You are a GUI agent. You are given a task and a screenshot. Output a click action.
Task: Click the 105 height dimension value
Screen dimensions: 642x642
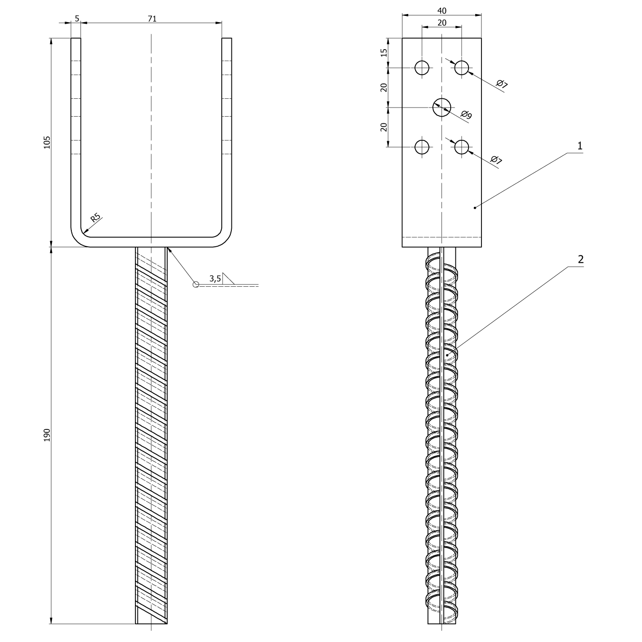click(x=47, y=142)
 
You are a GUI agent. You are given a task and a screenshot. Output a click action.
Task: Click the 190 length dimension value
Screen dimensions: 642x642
click(x=47, y=435)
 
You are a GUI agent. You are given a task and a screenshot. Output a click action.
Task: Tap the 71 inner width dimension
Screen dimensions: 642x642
click(x=152, y=19)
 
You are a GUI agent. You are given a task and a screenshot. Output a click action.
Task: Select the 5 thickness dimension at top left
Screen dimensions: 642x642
click(x=77, y=19)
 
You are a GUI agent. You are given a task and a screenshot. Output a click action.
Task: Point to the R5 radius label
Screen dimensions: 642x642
click(x=95, y=217)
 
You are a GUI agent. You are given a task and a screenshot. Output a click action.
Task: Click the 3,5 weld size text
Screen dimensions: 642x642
click(x=215, y=279)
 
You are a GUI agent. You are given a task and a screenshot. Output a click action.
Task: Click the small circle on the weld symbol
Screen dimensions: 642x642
click(x=196, y=284)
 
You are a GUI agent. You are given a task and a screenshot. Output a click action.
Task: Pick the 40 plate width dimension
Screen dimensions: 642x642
click(x=442, y=11)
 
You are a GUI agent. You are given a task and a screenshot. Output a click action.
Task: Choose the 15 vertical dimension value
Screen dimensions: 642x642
click(x=384, y=53)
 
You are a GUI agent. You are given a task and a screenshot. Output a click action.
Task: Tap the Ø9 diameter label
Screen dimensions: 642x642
click(x=467, y=115)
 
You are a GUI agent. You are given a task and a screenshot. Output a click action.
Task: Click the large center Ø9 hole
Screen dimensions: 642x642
click(x=442, y=107)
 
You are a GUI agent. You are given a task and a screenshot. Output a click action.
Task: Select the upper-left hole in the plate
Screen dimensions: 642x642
click(x=422, y=67)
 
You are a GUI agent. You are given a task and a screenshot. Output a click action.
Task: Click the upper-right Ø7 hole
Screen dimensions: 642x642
click(x=462, y=67)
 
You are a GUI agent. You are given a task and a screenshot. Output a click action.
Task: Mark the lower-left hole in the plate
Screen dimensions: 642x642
click(x=422, y=147)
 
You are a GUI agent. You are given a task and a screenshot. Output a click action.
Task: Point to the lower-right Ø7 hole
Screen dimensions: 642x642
click(x=462, y=147)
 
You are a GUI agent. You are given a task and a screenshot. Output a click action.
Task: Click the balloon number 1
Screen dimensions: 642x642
click(x=580, y=146)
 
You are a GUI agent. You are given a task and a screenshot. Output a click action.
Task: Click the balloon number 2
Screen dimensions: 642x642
click(x=581, y=259)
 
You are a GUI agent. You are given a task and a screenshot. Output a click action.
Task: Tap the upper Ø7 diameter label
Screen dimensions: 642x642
click(x=502, y=84)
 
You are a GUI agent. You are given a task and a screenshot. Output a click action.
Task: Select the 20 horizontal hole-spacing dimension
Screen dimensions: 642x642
click(x=442, y=23)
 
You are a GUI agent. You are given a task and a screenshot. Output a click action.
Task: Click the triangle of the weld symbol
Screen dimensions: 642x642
click(x=228, y=279)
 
